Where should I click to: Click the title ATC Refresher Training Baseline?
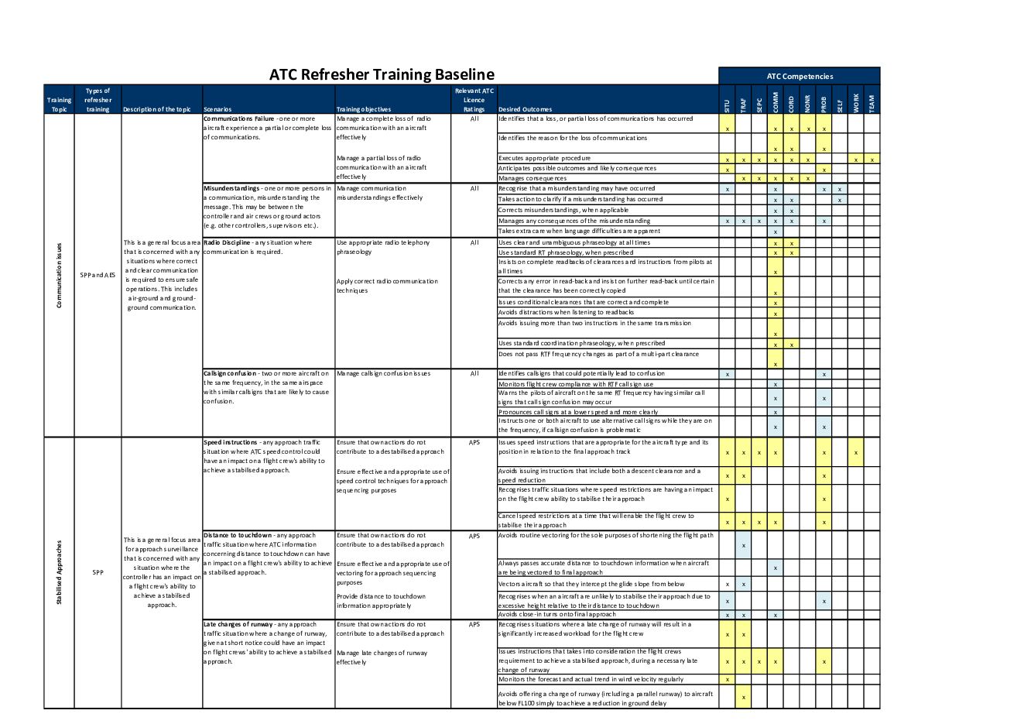[x=382, y=75]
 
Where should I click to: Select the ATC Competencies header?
[x=800, y=77]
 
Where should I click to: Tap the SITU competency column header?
[x=727, y=105]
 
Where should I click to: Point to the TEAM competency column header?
[x=872, y=103]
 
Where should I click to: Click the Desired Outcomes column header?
[x=526, y=110]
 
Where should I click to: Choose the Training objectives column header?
[x=364, y=110]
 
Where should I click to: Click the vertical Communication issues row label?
[x=59, y=276]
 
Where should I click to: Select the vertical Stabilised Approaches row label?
[x=59, y=573]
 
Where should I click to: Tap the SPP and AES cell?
[x=98, y=275]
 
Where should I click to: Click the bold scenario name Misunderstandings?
[x=231, y=188]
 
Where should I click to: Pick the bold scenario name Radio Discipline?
[x=227, y=242]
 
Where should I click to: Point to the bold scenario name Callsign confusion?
[x=230, y=373]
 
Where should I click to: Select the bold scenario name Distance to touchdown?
[x=238, y=535]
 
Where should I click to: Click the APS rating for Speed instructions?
[x=474, y=443]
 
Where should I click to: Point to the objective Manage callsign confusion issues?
[x=383, y=373]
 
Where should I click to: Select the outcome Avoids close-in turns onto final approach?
[x=557, y=614]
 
